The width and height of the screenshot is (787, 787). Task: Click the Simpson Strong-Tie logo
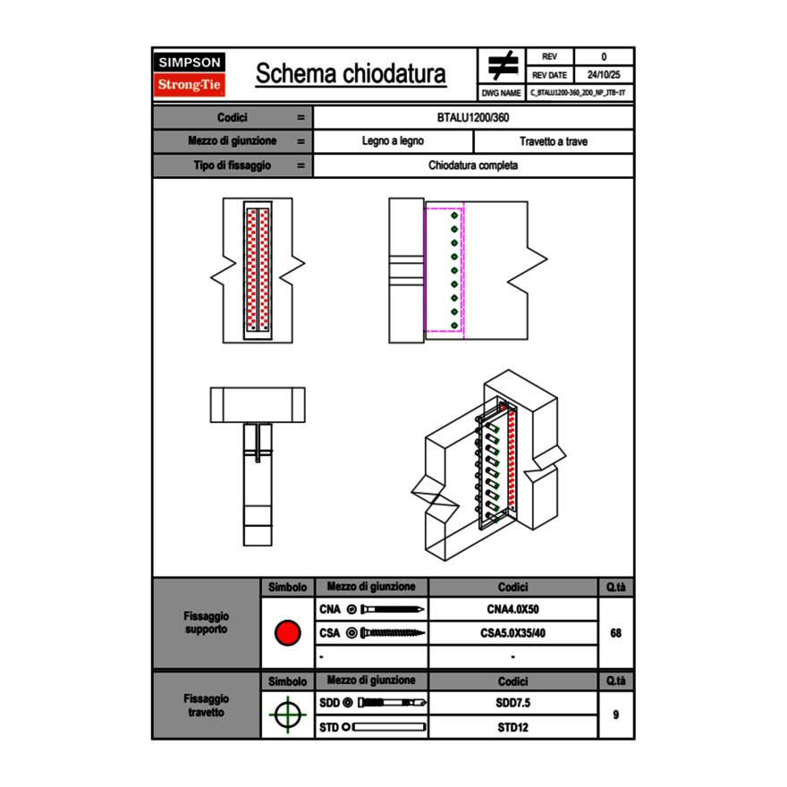[x=190, y=74]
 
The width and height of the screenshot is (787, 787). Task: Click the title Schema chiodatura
[x=351, y=74]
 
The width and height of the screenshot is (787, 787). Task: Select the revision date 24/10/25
[x=604, y=75]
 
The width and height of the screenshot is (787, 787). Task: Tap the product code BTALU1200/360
[x=473, y=118]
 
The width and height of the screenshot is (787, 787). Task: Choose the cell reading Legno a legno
[x=393, y=141]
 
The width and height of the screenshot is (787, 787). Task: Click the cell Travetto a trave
[x=553, y=141]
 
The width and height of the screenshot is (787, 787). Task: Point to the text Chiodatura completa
[x=473, y=165]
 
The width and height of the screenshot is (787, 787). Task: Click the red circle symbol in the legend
[x=287, y=633]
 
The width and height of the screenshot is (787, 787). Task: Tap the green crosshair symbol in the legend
[x=287, y=715]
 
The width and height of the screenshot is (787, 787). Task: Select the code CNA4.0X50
[x=512, y=610]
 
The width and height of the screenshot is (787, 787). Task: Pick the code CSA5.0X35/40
[x=512, y=633]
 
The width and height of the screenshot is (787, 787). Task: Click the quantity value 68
[x=615, y=633]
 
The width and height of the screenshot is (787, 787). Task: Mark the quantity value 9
[x=615, y=715]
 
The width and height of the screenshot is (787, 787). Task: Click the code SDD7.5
[x=512, y=704]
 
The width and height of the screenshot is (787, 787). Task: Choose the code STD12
[x=512, y=727]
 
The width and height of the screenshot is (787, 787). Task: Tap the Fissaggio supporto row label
[x=206, y=622]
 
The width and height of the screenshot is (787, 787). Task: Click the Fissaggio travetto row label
[x=206, y=705]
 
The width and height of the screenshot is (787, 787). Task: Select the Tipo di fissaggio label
[x=233, y=165]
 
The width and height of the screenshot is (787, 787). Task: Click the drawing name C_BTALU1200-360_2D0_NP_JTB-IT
[x=578, y=93]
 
